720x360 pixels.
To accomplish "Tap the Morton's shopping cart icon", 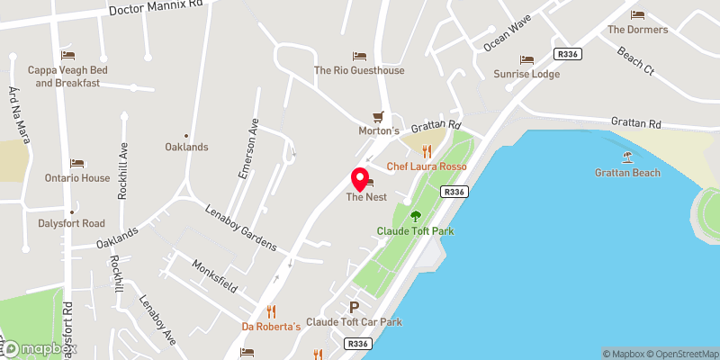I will pos(379,116).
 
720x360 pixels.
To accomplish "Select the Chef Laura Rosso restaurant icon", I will pos(427,151).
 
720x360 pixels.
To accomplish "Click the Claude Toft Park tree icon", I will pos(416,216).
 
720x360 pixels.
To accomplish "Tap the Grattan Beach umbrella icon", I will pos(628,156).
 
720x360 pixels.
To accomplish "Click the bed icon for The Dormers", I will pos(637,14).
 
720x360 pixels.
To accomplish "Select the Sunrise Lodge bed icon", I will pos(526,59).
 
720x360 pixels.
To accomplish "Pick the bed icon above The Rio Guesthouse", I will pos(359,56).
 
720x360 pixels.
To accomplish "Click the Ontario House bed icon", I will pos(77,163).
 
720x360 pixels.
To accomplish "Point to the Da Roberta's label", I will pos(271,326).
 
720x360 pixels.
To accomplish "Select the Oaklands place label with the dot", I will pos(186,147).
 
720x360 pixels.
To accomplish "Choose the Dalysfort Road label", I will pos(71,223).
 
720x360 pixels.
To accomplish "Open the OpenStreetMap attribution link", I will pos(679,354).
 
